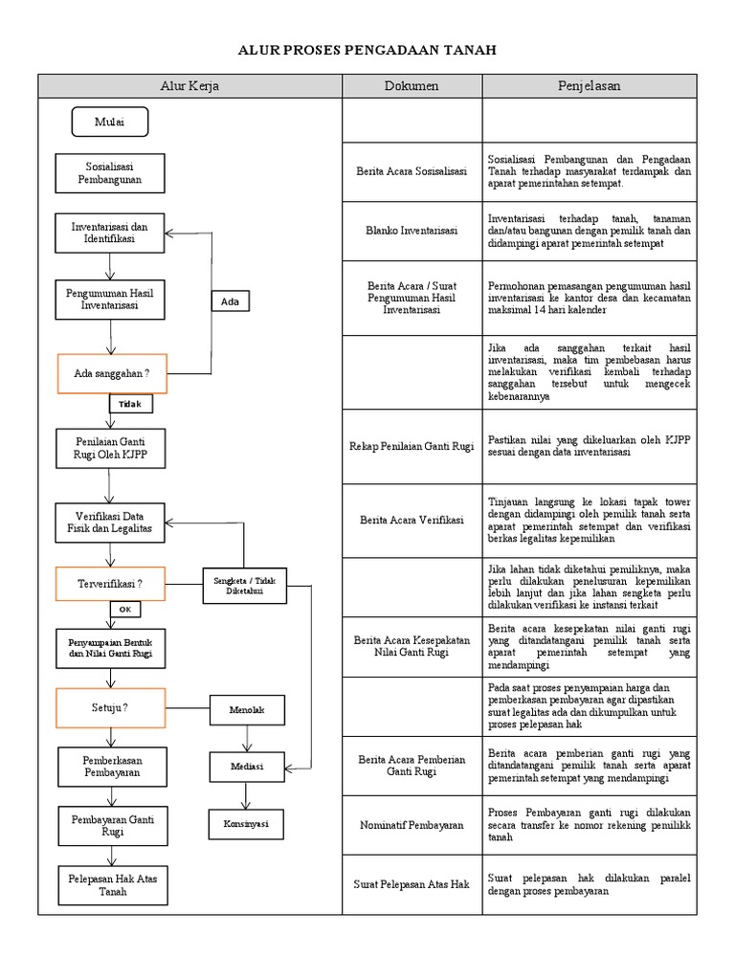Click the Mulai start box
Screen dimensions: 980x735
point(110,122)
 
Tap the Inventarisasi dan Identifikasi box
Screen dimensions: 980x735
point(110,234)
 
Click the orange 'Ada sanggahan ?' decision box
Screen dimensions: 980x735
point(112,373)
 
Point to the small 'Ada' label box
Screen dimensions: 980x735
point(230,301)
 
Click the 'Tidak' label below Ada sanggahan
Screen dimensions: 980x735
point(130,404)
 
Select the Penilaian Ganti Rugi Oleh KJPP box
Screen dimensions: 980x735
point(110,447)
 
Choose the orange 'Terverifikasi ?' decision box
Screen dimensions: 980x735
point(110,583)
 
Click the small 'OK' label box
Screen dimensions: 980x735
point(123,609)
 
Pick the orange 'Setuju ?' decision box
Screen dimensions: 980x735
point(111,708)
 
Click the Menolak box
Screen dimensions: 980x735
point(247,710)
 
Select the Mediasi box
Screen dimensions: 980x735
point(246,767)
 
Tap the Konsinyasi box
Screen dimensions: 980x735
point(246,824)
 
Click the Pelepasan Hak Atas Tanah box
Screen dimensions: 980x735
point(111,883)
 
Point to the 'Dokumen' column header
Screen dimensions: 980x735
point(412,86)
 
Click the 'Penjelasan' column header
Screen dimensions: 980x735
point(590,86)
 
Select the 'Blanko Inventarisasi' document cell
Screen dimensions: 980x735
point(412,231)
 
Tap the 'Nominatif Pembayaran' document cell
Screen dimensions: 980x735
point(412,824)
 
